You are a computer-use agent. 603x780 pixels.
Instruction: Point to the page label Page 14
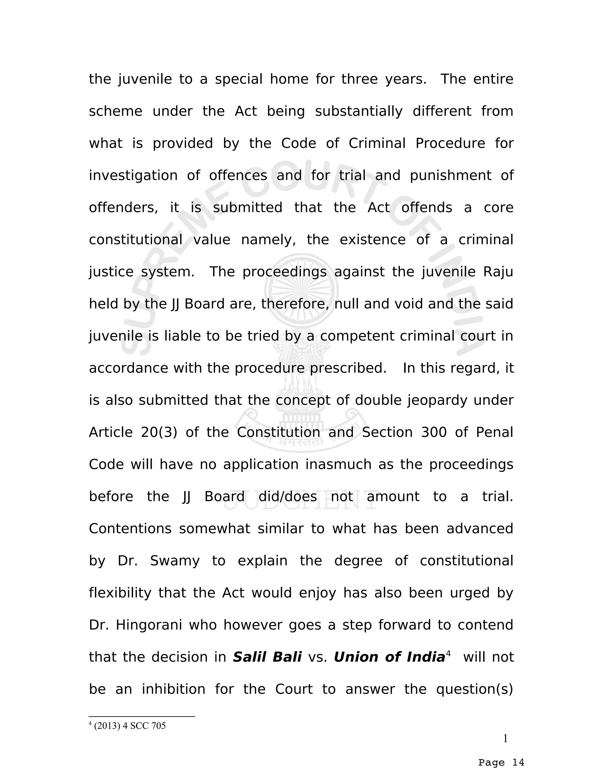pyautogui.click(x=501, y=763)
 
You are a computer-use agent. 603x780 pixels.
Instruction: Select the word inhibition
pyautogui.click(x=174, y=689)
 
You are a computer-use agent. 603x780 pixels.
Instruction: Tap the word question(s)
pyautogui.click(x=474, y=689)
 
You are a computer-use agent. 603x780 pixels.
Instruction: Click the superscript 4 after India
pyautogui.click(x=448, y=653)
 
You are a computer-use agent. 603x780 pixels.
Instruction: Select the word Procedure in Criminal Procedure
pyautogui.click(x=450, y=143)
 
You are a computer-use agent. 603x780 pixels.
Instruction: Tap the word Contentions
pyautogui.click(x=130, y=529)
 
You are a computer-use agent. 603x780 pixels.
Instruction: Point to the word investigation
pyautogui.click(x=133, y=175)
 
